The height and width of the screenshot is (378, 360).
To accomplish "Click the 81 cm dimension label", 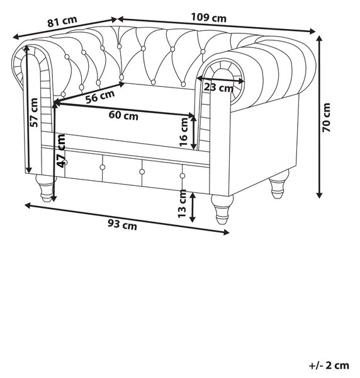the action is tap(62, 21).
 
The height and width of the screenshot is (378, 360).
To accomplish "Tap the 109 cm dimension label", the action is tap(209, 18).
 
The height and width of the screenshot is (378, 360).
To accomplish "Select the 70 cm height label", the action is tap(326, 117).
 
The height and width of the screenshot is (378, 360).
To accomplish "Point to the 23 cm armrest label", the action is tap(218, 88).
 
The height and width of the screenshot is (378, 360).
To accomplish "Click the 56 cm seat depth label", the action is tap(100, 96).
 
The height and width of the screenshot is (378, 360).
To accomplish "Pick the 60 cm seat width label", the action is tap(123, 115).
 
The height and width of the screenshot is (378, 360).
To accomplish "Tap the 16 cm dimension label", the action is tap(184, 132).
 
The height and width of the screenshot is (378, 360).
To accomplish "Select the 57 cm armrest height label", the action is tap(34, 113).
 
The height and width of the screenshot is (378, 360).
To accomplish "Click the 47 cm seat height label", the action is tap(60, 151).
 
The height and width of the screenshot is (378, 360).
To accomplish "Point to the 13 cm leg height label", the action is tap(182, 204).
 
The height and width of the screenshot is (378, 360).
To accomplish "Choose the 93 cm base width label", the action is tap(122, 225).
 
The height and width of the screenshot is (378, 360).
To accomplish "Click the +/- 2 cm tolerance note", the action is tap(329, 365).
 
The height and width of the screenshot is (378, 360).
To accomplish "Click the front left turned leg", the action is tap(45, 188).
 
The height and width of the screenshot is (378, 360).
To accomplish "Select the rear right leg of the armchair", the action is tap(278, 184).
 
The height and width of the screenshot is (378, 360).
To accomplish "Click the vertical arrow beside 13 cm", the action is tap(192, 207).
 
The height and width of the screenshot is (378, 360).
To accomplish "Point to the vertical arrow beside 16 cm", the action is tap(193, 132).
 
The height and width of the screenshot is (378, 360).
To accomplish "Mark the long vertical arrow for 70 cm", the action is tap(319, 117).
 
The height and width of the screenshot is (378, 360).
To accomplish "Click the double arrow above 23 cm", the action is tap(221, 79).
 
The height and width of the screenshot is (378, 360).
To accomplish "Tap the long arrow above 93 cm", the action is tap(127, 219).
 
